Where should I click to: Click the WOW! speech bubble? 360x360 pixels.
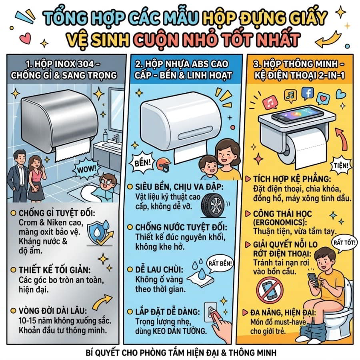86,169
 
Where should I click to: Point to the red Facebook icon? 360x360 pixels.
307,93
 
